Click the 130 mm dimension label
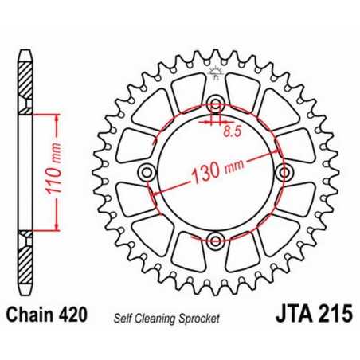[216, 170]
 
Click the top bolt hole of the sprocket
[214, 105]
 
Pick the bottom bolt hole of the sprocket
[214, 240]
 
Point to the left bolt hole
[147, 173]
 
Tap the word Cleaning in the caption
[158, 316]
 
